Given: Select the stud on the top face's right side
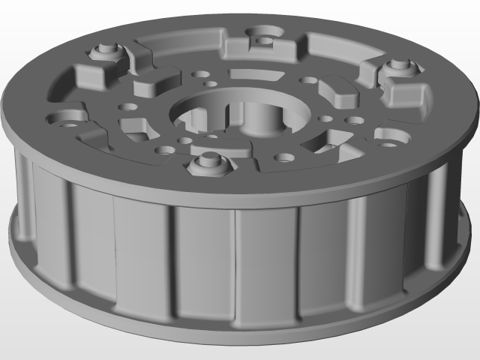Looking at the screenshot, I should (397, 67).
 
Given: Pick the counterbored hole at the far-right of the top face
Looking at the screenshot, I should (388, 136).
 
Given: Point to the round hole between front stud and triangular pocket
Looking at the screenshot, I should (283, 157).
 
